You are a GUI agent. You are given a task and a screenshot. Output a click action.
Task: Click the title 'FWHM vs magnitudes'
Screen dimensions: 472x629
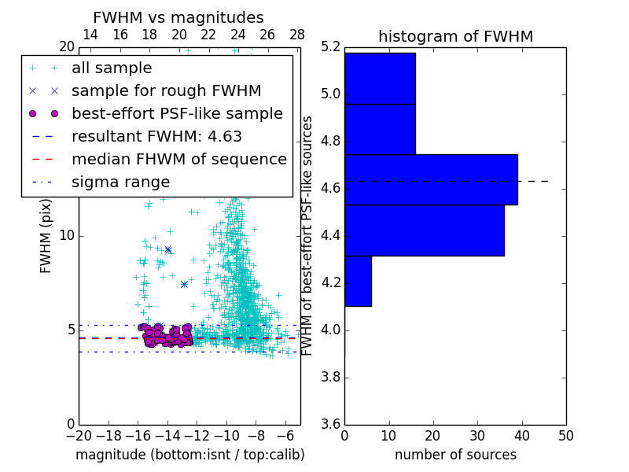pos(178,17)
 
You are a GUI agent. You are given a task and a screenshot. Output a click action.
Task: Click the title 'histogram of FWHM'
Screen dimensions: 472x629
pos(455,36)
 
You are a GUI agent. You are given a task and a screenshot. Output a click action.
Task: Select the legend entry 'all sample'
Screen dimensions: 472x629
pos(112,68)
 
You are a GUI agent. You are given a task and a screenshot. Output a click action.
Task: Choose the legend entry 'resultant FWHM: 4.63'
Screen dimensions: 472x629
pos(156,136)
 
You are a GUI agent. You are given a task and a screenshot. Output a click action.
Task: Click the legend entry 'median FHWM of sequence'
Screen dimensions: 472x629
pos(178,159)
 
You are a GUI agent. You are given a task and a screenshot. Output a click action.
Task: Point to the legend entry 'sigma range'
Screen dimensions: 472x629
pos(120,182)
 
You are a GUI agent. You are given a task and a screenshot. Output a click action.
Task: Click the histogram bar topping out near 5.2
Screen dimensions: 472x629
pos(380,78)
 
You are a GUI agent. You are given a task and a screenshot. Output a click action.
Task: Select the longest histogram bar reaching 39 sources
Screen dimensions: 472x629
pos(431,179)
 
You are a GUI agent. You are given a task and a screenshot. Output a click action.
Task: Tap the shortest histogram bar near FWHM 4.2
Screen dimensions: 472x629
pos(358,281)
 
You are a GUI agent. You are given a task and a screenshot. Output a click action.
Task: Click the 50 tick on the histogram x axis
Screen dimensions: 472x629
pos(565,436)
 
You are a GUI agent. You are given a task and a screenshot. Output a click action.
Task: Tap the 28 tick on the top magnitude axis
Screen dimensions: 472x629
pos(296,35)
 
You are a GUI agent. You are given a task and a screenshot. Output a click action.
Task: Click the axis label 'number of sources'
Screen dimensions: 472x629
pos(455,455)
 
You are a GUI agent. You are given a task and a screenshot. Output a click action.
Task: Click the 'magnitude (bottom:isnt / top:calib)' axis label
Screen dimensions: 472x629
pos(189,455)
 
